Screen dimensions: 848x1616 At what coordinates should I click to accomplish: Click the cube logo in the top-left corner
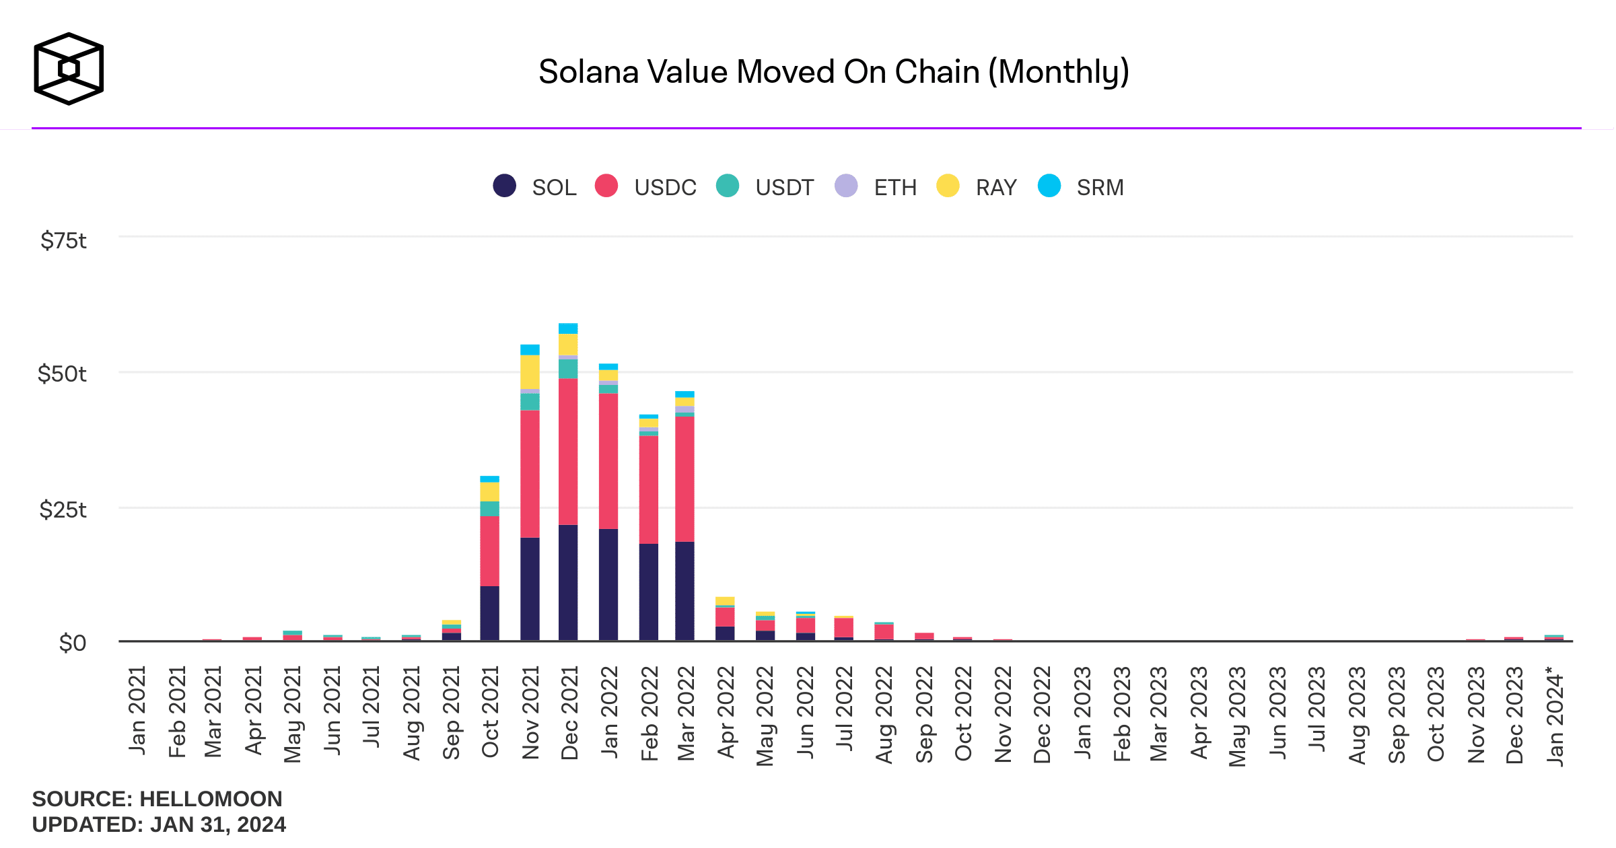click(69, 69)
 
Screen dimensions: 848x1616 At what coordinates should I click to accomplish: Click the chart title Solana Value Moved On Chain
click(833, 72)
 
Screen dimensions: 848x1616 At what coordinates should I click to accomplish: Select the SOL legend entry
click(536, 186)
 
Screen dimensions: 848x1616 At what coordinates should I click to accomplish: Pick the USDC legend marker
click(606, 186)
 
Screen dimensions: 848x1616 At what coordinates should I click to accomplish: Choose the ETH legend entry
click(876, 186)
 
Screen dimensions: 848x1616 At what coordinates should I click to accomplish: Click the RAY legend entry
click(977, 186)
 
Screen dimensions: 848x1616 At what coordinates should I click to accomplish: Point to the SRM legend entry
click(1082, 186)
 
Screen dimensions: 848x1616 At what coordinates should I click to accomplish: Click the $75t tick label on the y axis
click(63, 240)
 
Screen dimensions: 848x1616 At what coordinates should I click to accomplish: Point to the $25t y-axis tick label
click(63, 509)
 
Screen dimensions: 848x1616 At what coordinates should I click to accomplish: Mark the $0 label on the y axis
click(73, 643)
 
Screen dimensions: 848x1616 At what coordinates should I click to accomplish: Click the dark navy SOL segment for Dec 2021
click(568, 582)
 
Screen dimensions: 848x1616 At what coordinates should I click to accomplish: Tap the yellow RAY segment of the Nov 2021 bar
click(530, 372)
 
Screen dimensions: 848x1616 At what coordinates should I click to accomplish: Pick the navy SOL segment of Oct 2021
click(489, 613)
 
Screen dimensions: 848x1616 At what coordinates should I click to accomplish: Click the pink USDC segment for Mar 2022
click(684, 479)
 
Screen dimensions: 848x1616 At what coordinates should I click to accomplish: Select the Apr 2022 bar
click(725, 619)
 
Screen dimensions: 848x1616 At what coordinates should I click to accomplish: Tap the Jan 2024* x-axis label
click(1555, 716)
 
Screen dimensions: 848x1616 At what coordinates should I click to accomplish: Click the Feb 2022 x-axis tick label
click(649, 713)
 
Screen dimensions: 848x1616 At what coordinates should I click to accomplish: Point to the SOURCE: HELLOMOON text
click(157, 799)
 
